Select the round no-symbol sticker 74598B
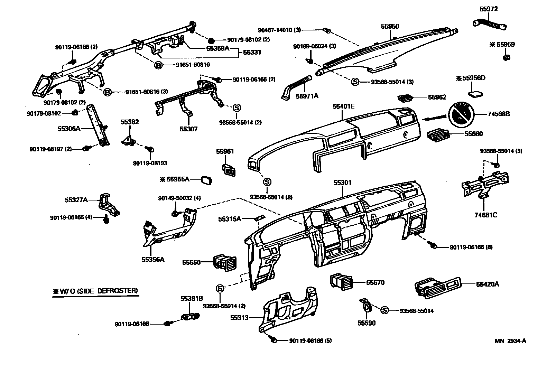[461, 114]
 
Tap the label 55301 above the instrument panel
[342, 182]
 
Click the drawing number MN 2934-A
[510, 341]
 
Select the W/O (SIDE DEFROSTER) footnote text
[95, 291]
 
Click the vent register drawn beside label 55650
[225, 262]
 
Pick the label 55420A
[488, 284]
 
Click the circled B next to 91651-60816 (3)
[108, 92]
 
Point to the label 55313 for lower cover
[239, 317]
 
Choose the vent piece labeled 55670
[341, 281]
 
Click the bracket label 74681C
[485, 215]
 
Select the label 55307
[188, 129]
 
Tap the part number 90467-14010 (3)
[279, 30]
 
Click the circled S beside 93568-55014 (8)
[267, 182]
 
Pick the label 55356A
[152, 259]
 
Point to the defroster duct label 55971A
[307, 96]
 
